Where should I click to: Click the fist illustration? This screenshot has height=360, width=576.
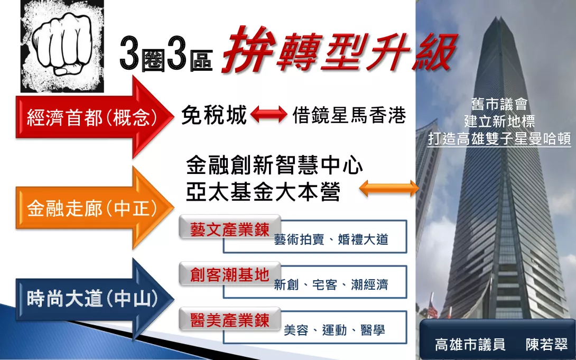62,47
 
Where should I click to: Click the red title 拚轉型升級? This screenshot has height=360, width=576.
339,50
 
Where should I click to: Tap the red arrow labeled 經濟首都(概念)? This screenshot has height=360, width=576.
95,117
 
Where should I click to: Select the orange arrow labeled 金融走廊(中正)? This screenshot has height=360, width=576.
95,208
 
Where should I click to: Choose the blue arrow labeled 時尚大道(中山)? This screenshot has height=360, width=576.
95,298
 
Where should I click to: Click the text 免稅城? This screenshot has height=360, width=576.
214,115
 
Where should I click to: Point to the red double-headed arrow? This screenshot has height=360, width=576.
269,114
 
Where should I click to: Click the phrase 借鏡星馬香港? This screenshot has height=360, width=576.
349,115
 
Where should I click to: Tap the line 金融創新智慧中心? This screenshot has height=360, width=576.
274,165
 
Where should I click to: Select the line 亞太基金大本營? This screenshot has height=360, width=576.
263,192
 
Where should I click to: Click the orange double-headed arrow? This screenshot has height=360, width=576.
388,188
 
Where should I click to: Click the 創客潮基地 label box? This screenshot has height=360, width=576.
230,274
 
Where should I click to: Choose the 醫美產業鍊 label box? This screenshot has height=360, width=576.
230,320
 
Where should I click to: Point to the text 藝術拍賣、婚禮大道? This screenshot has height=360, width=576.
331,239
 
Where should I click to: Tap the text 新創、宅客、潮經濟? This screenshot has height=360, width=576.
331,285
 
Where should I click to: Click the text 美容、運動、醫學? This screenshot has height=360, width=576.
335,330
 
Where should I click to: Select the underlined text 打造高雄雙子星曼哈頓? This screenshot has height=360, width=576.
499,139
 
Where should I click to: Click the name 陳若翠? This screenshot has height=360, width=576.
547,345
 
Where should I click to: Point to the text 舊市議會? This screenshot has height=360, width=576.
499,105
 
